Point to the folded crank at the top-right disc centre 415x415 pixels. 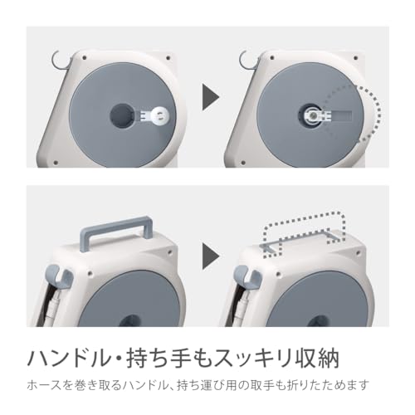pos(314,115)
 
